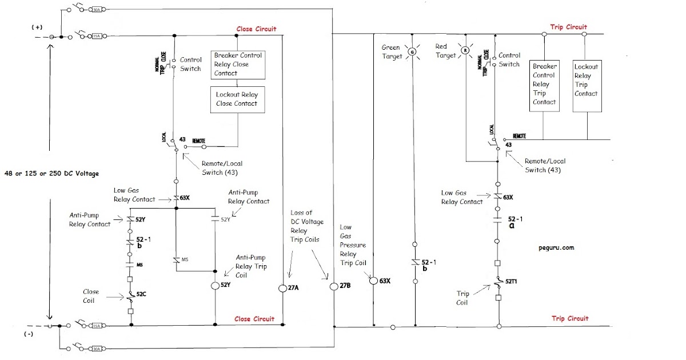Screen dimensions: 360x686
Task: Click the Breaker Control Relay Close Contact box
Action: (238, 64)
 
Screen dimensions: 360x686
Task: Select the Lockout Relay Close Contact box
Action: (237, 99)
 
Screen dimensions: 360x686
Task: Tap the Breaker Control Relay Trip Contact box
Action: (544, 84)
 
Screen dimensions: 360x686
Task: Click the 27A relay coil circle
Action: (283, 287)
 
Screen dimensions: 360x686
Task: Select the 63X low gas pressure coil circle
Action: (373, 281)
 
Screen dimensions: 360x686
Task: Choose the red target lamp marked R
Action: (465, 50)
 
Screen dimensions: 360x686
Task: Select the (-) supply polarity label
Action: (27, 335)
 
